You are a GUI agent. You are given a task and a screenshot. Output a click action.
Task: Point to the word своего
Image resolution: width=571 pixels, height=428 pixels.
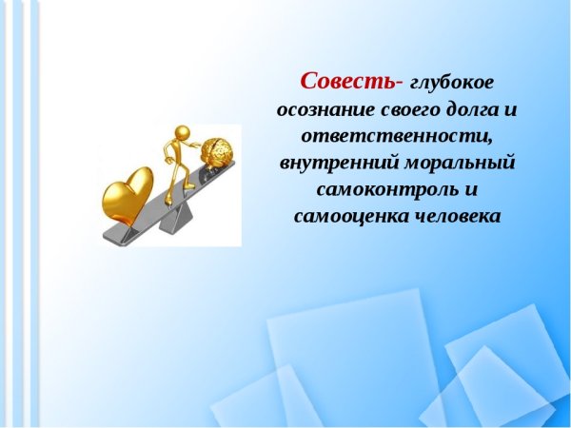(408, 107)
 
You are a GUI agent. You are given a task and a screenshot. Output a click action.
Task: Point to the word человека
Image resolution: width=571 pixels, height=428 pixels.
(457, 215)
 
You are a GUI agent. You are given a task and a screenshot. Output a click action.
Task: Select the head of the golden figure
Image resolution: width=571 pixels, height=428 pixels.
(175, 128)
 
